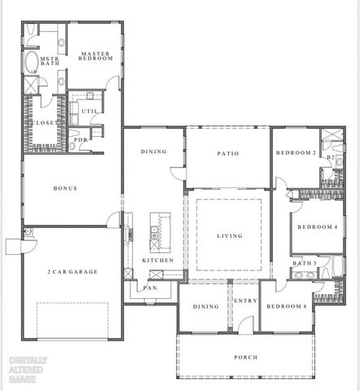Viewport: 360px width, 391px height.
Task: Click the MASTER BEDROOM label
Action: [x=94, y=56]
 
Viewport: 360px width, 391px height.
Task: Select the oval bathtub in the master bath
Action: [x=30, y=63]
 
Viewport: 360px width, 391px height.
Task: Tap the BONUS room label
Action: [x=65, y=188]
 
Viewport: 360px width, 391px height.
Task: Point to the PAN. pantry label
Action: [x=151, y=288]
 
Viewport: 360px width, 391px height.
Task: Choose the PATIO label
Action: [x=227, y=152]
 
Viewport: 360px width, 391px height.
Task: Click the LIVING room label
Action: [x=229, y=236]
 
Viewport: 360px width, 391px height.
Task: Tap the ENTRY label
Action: [x=244, y=301]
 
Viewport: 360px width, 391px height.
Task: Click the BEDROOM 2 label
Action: [x=296, y=152]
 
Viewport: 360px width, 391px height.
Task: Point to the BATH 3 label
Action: [x=305, y=263]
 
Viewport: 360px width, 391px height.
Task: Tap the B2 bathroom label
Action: [x=331, y=156]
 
